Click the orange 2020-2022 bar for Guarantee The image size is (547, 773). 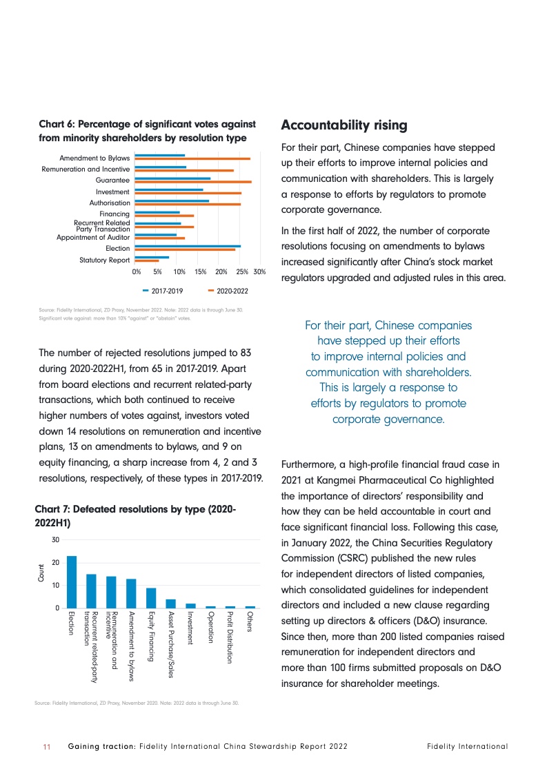[193, 182]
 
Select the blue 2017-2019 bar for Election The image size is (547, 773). [188, 246]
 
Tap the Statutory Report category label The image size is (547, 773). [105, 260]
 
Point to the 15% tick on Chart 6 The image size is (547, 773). [200, 273]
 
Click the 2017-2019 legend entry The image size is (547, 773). [163, 291]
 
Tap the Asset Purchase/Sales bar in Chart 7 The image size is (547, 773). [171, 604]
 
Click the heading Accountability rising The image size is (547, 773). [344, 125]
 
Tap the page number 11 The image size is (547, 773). [47, 746]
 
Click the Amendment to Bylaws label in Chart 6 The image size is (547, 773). [95, 158]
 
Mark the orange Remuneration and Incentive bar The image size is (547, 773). [184, 170]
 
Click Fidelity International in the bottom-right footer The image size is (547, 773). [467, 746]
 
